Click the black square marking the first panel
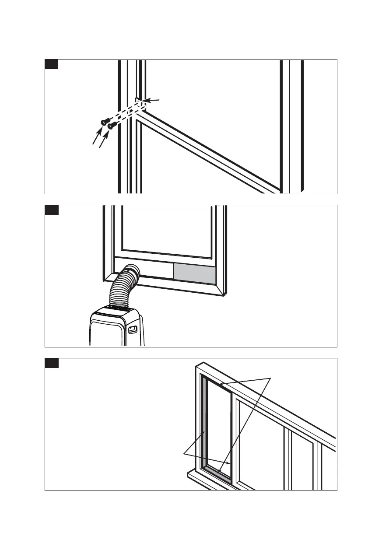[x=51, y=64]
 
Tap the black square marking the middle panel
[x=51, y=210]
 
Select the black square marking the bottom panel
[x=51, y=363]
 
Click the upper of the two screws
[x=105, y=121]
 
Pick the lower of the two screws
[x=112, y=126]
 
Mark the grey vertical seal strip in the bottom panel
[x=204, y=420]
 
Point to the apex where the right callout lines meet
[x=271, y=377]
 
